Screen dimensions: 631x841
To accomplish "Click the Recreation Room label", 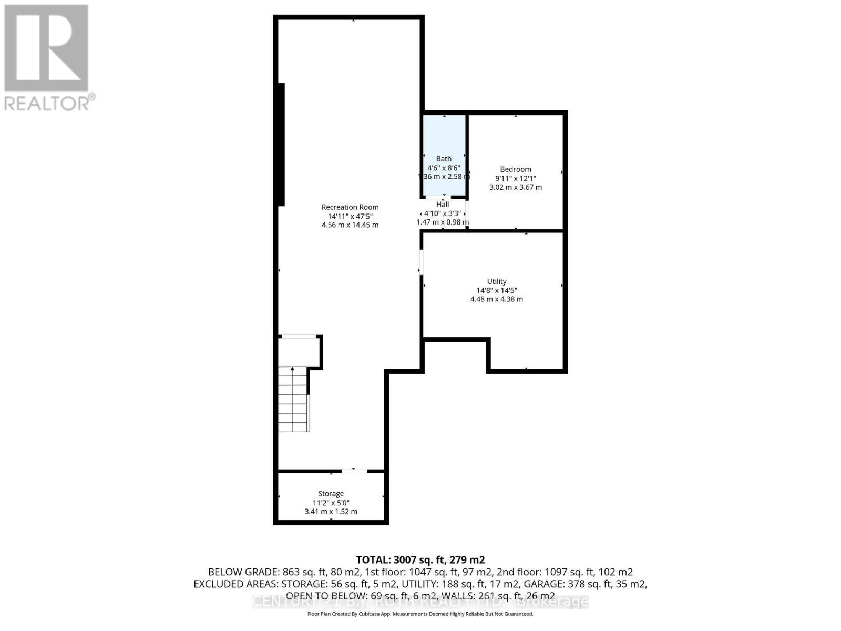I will [x=350, y=207].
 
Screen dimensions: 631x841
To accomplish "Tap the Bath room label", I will [x=444, y=159].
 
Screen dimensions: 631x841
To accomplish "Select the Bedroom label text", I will [x=515, y=169].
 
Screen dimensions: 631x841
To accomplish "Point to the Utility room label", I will [x=496, y=281].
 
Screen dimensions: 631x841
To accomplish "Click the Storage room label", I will [x=331, y=494].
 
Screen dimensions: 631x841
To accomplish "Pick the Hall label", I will [x=443, y=205].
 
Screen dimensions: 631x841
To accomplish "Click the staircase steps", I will [x=293, y=400].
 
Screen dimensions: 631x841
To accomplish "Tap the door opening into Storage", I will [x=354, y=471].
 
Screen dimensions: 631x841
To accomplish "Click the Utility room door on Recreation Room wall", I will [x=421, y=261].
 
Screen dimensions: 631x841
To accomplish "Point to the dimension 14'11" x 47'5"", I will [x=350, y=216].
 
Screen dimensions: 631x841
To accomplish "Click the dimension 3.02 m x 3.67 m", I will [x=515, y=187].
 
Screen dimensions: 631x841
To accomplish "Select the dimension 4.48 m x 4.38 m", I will [x=496, y=299].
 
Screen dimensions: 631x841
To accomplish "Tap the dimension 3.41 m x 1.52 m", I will [x=331, y=512].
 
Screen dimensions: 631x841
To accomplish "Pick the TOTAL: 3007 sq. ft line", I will [x=420, y=560].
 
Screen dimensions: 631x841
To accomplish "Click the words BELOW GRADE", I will [x=243, y=572].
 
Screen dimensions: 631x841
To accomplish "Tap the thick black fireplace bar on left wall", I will [x=281, y=144].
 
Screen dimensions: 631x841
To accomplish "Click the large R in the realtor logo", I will [x=46, y=48].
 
